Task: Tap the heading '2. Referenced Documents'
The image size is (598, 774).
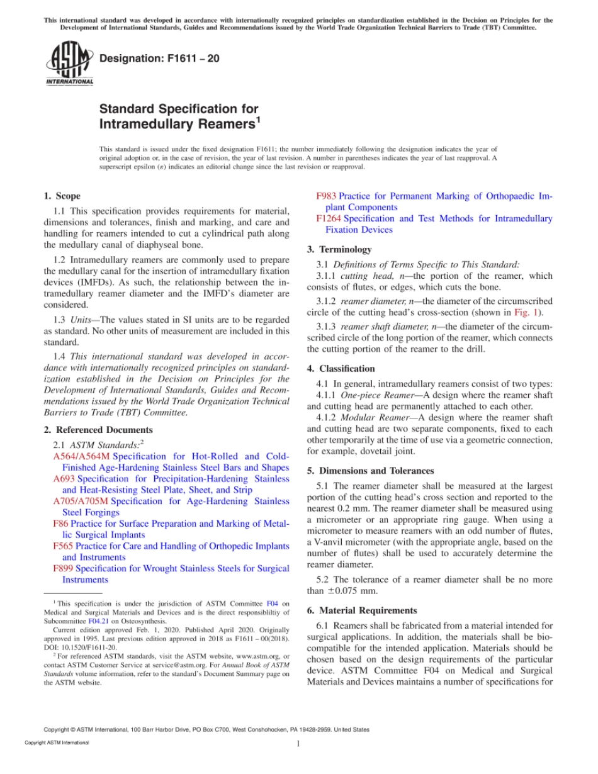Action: pos(98,430)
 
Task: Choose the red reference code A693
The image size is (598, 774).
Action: pos(64,479)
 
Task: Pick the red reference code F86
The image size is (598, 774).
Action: pos(61,524)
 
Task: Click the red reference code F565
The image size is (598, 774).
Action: pos(64,546)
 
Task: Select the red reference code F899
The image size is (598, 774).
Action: pos(64,568)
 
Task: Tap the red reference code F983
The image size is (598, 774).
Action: pos(326,196)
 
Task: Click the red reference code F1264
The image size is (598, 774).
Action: pos(329,218)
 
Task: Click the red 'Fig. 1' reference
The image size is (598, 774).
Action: pos(527,312)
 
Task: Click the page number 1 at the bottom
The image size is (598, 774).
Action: pos(298,743)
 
